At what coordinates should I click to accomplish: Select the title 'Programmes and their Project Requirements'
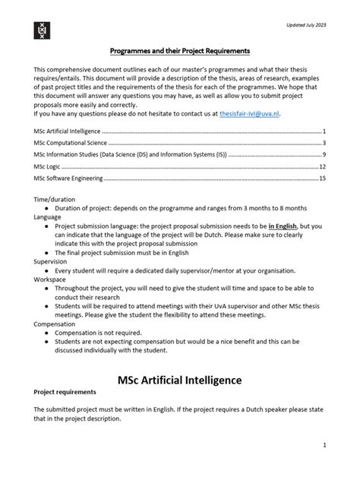click(180, 51)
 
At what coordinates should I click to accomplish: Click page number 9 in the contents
click(324, 154)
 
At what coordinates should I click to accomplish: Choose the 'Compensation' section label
click(55, 324)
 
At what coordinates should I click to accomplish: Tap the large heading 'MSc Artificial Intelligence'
click(180, 380)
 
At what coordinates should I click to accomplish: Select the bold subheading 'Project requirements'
click(65, 392)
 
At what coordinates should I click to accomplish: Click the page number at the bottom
click(324, 445)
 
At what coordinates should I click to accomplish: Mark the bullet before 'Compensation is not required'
click(47, 333)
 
